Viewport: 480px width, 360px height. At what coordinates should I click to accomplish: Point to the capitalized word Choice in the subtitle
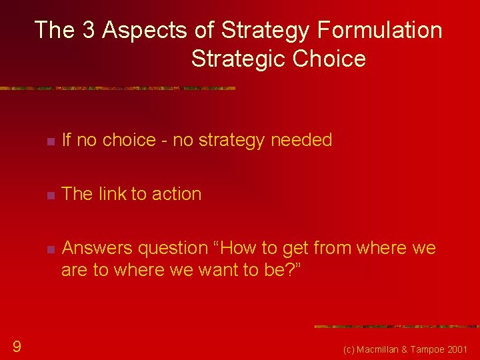pyautogui.click(x=329, y=59)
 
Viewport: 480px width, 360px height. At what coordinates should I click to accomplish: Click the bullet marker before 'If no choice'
pyautogui.click(x=49, y=141)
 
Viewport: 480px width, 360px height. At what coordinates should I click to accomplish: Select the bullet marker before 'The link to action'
pyautogui.click(x=49, y=195)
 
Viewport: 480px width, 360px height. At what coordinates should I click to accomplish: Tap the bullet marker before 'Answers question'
pyautogui.click(x=49, y=249)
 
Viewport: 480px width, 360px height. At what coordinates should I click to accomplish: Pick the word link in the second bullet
pyautogui.click(x=112, y=194)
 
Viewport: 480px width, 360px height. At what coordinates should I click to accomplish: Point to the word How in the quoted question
pyautogui.click(x=243, y=248)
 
